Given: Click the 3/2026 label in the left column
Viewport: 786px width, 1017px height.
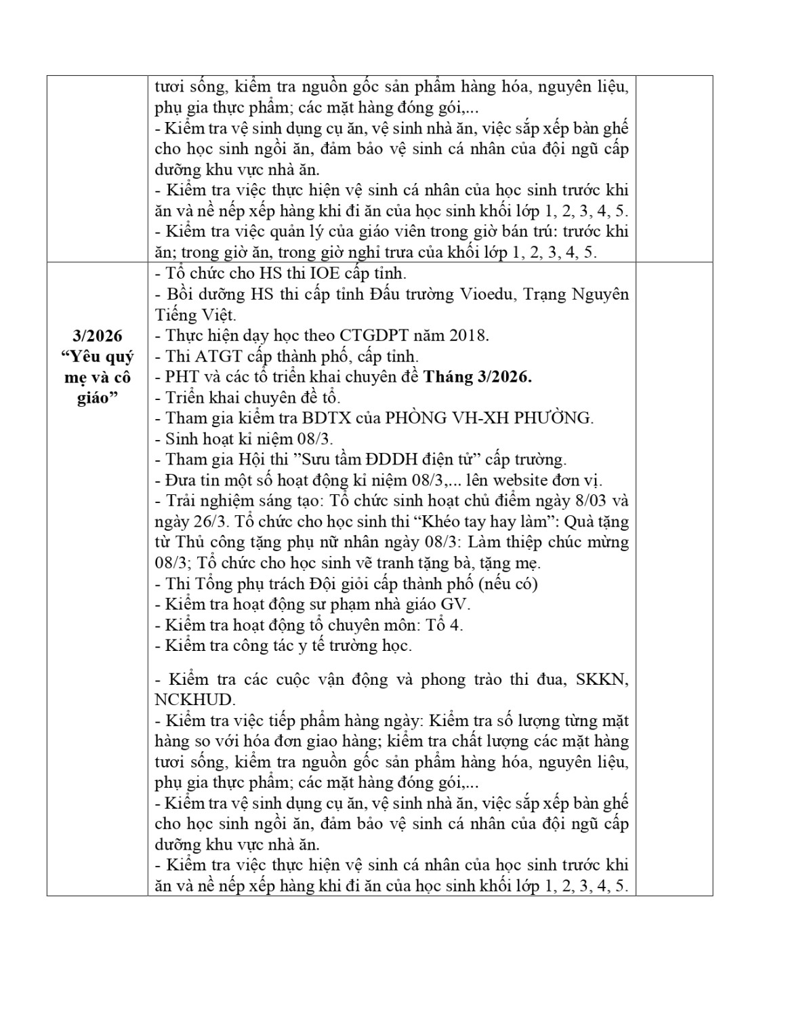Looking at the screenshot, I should coord(97,336).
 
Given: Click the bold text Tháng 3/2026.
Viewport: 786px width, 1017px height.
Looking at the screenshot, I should coord(478,377).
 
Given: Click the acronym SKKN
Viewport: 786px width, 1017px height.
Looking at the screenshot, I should coord(602,679).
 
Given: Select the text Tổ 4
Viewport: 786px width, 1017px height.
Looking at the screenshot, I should coord(445,624).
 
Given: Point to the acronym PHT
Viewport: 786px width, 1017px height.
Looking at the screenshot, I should coord(182,377).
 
